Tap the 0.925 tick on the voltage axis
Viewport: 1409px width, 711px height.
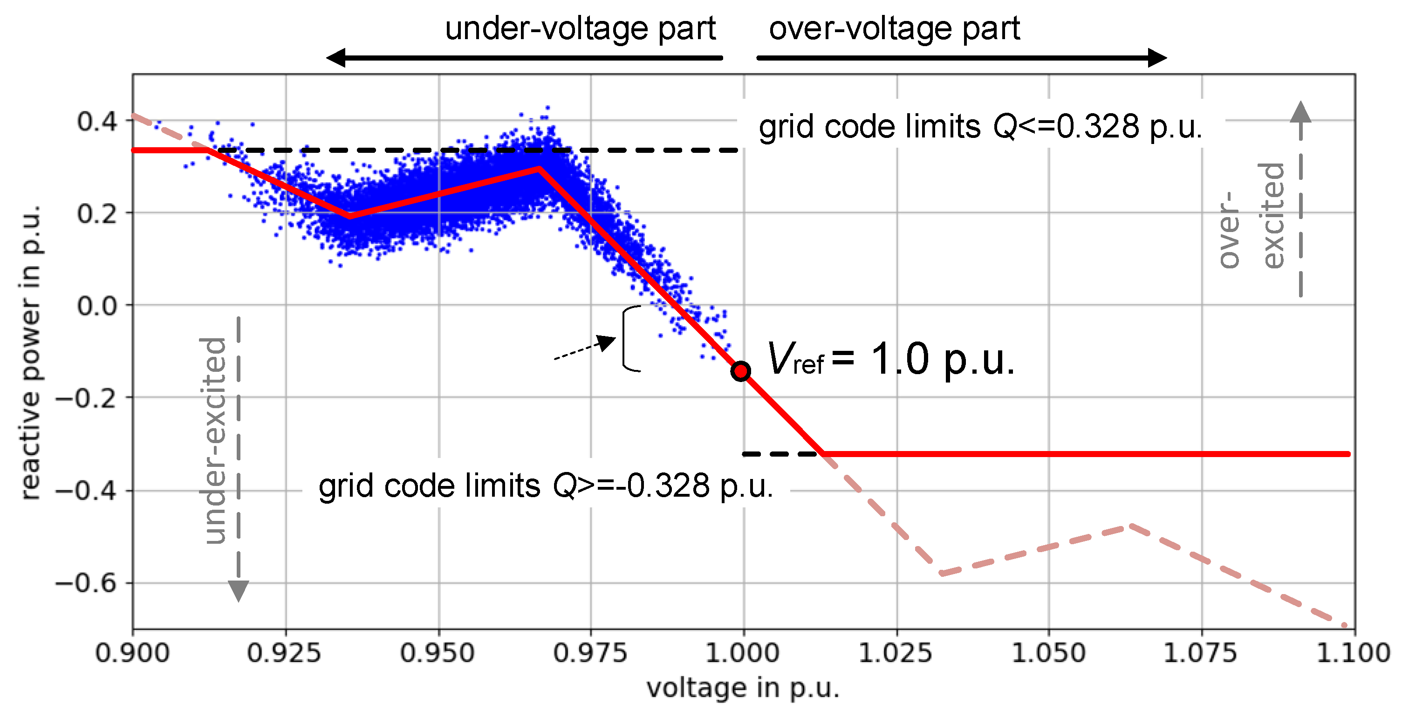tap(284, 653)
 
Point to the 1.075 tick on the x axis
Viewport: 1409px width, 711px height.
tap(1200, 653)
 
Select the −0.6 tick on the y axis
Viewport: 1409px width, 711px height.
tap(86, 583)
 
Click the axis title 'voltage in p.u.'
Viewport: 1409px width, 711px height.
tap(743, 688)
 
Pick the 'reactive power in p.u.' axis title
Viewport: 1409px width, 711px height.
tap(30, 353)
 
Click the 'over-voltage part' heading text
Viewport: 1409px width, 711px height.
tap(894, 28)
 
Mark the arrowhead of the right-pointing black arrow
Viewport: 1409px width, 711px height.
tap(1157, 57)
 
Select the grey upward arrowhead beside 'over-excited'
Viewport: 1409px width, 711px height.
tap(1301, 112)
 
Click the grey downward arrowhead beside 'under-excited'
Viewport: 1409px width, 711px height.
tap(239, 591)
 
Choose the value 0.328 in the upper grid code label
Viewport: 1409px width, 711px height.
tap(1098, 127)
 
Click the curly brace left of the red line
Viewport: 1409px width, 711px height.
tap(629, 339)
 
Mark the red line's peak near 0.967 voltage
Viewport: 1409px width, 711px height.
tap(539, 169)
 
